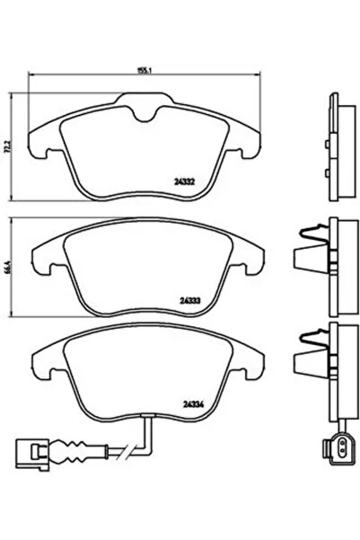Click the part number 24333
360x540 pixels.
pos(189,300)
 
